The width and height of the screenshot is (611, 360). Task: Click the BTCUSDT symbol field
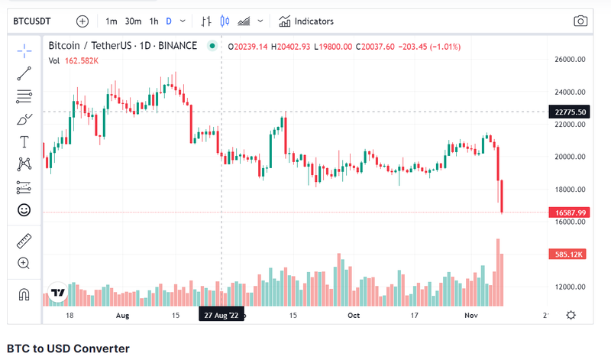(x=38, y=21)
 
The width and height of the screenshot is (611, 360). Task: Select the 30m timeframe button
(x=133, y=21)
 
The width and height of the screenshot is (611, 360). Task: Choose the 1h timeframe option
(x=154, y=21)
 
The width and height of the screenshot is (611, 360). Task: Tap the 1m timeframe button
(x=112, y=21)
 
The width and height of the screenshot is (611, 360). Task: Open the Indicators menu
(x=306, y=21)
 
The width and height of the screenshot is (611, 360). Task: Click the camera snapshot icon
(x=580, y=21)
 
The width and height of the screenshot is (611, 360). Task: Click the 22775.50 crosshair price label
(x=571, y=112)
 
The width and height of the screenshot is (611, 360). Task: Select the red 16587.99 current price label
(x=571, y=212)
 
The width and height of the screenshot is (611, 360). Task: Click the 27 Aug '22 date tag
(x=221, y=314)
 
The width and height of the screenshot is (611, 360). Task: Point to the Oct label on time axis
(x=354, y=314)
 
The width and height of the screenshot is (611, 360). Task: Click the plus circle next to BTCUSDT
(x=82, y=21)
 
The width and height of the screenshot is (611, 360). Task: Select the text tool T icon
(x=24, y=141)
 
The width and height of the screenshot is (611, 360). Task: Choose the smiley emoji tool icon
(x=24, y=209)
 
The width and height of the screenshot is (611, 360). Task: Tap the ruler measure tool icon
(x=24, y=241)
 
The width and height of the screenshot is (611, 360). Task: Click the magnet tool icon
(x=24, y=294)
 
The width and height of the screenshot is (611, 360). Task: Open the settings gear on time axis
(x=571, y=315)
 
